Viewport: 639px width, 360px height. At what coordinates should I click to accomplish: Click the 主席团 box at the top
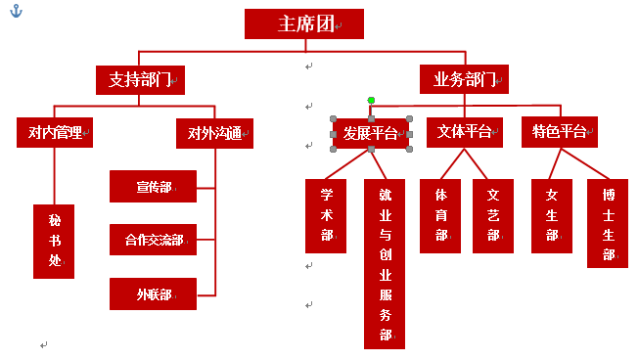click(303, 24)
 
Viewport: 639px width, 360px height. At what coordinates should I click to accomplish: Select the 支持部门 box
click(140, 79)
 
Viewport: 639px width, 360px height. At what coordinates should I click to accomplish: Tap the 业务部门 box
click(466, 79)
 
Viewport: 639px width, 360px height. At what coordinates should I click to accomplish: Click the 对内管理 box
click(55, 132)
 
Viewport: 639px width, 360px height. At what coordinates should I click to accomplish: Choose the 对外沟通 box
click(214, 132)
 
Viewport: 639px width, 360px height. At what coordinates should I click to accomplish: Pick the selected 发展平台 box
click(370, 132)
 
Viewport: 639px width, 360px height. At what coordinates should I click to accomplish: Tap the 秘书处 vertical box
click(54, 241)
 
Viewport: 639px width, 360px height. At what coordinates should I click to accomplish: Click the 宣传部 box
click(154, 186)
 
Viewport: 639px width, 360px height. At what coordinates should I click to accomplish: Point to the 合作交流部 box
click(154, 239)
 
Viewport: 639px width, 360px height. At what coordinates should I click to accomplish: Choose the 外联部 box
click(154, 292)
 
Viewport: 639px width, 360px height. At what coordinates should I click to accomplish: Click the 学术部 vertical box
click(326, 215)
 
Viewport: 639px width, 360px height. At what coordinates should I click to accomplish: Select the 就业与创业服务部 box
click(385, 262)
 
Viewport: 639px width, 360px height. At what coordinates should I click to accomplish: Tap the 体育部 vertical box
click(440, 215)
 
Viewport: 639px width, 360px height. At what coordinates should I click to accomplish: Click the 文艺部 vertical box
click(492, 215)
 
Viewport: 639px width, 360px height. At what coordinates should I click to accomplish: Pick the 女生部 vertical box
click(552, 215)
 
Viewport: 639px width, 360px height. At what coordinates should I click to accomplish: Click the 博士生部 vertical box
click(608, 223)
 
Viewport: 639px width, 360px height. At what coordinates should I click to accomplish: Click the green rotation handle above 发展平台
click(371, 100)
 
